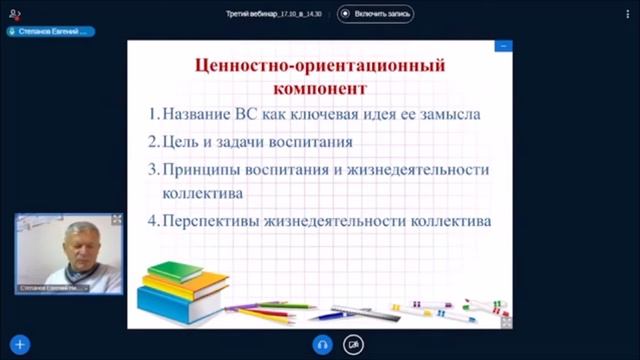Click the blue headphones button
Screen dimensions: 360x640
click(x=322, y=344)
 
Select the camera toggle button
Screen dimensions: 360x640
click(x=353, y=344)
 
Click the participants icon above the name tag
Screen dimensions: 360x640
click(x=14, y=12)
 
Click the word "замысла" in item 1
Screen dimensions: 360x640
click(x=449, y=114)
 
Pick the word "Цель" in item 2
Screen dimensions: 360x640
click(x=182, y=141)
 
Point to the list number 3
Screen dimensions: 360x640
click(x=153, y=168)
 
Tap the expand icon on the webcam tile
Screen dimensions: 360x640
click(x=116, y=219)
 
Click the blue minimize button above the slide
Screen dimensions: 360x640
click(x=504, y=45)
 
